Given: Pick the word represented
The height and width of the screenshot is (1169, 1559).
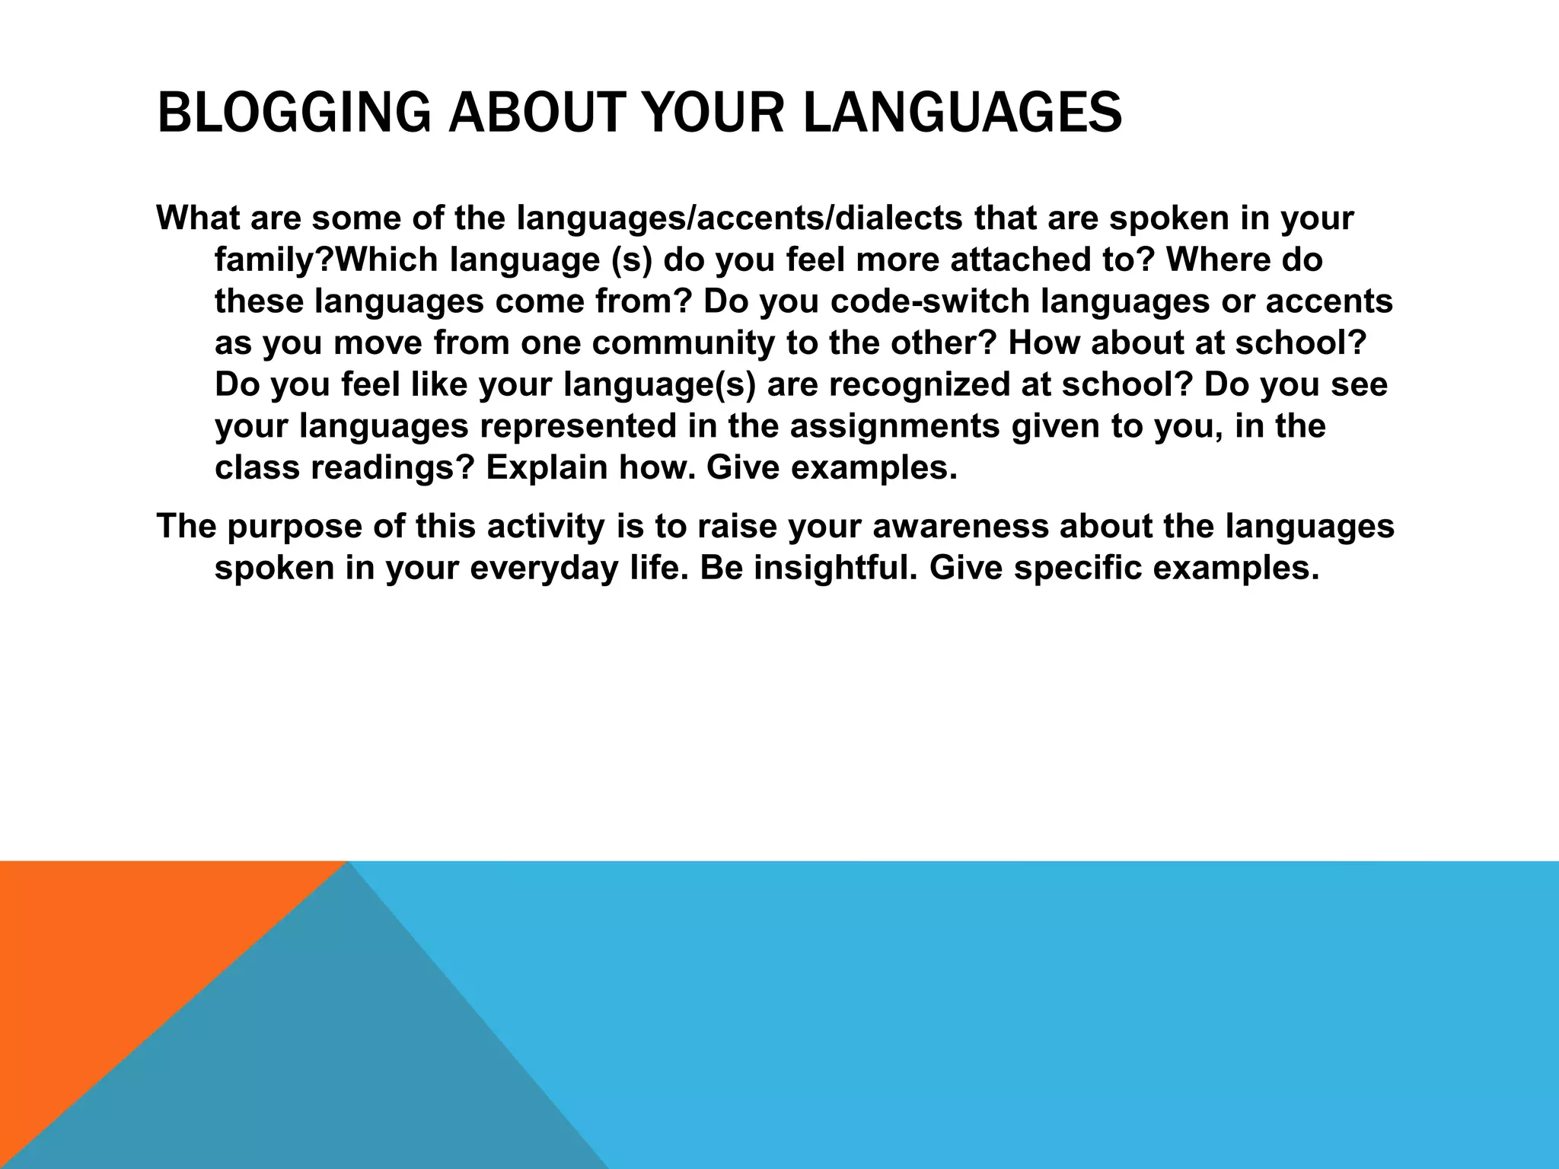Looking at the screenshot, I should (578, 425).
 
